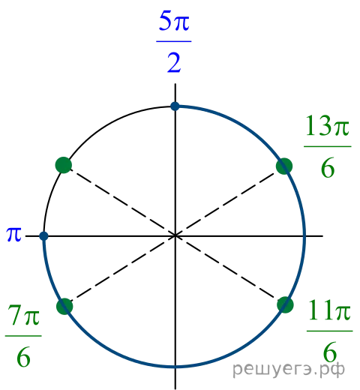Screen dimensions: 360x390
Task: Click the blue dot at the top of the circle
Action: click(x=175, y=106)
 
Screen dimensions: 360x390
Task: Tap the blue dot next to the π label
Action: click(x=43, y=235)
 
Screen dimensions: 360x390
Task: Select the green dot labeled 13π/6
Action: click(x=284, y=166)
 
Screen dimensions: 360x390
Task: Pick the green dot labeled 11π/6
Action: click(x=285, y=304)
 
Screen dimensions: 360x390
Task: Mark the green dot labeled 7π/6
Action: click(x=64, y=306)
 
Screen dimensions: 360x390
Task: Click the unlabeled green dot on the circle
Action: click(x=64, y=165)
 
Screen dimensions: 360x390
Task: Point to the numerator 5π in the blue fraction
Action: click(x=174, y=22)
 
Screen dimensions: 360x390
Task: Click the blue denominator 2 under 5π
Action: click(x=174, y=63)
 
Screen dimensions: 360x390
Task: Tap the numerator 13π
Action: click(x=327, y=126)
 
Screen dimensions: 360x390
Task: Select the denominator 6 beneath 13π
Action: click(x=328, y=167)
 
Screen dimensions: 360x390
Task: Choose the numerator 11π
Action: click(x=329, y=310)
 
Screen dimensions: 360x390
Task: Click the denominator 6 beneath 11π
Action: click(x=330, y=352)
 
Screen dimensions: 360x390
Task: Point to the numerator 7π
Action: click(x=23, y=315)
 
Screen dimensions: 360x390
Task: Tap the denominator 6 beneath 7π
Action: click(x=23, y=357)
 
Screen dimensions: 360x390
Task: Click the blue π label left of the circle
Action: click(x=14, y=235)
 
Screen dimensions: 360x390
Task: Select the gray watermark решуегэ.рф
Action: click(x=289, y=370)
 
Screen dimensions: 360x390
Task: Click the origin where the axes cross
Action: click(x=175, y=235)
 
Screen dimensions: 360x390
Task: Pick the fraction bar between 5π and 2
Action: click(x=174, y=41)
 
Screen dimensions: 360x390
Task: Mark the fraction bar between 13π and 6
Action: click(x=328, y=146)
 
